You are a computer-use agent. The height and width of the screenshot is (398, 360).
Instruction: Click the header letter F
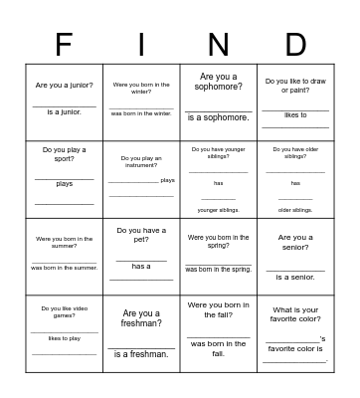pyautogui.click(x=64, y=45)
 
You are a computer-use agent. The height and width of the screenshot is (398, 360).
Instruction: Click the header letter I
pyautogui.click(x=141, y=45)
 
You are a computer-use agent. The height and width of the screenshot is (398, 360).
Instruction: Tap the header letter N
pyautogui.click(x=218, y=45)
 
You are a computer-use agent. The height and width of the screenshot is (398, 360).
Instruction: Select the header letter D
pyautogui.click(x=295, y=45)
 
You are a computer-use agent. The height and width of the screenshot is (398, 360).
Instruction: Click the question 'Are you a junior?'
pyautogui.click(x=65, y=86)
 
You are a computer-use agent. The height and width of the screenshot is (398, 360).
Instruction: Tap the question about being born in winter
pyautogui.click(x=141, y=89)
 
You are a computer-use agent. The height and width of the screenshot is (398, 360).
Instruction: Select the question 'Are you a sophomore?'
pyautogui.click(x=218, y=82)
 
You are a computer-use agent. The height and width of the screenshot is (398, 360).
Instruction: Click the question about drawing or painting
pyautogui.click(x=295, y=86)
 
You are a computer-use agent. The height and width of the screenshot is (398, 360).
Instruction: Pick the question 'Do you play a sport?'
pyautogui.click(x=65, y=154)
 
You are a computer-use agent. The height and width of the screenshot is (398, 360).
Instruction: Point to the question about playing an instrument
pyautogui.click(x=141, y=161)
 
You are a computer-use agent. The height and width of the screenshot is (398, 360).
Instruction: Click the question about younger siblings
pyautogui.click(x=218, y=153)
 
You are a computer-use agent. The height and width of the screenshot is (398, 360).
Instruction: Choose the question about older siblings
pyautogui.click(x=295, y=153)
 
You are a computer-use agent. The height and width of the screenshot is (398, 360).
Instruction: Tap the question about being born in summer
pyautogui.click(x=65, y=243)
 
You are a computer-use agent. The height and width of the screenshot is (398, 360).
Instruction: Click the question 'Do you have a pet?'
pyautogui.click(x=141, y=236)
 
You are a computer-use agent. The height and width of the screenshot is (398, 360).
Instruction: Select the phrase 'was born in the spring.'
pyautogui.click(x=218, y=269)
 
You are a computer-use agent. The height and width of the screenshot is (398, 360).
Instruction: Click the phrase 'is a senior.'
pyautogui.click(x=295, y=277)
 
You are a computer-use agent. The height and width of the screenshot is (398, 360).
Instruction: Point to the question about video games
pyautogui.click(x=65, y=312)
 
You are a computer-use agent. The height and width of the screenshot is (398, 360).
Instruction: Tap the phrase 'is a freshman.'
pyautogui.click(x=141, y=354)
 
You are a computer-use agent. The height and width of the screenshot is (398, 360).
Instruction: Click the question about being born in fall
pyautogui.click(x=218, y=309)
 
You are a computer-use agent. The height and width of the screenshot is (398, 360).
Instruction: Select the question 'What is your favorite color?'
pyautogui.click(x=295, y=314)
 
